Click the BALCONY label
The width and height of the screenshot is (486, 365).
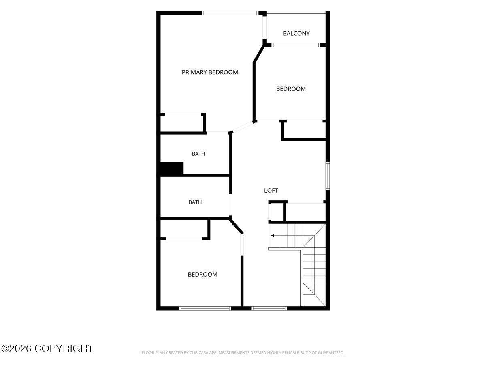[x=296, y=34]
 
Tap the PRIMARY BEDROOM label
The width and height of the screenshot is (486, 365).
[x=210, y=72]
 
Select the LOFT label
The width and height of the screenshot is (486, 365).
[x=271, y=190]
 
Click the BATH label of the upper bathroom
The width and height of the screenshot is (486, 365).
[x=198, y=154]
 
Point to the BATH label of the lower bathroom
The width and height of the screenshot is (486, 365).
[x=195, y=202]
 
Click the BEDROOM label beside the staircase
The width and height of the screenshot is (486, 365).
[x=202, y=275]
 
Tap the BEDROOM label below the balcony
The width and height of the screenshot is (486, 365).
[x=291, y=89]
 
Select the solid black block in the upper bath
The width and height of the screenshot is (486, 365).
[x=172, y=169]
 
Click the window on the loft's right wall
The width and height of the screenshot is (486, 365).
[x=328, y=176]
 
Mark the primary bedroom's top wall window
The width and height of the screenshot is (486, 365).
[x=230, y=13]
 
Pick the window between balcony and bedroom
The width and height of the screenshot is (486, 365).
[x=296, y=45]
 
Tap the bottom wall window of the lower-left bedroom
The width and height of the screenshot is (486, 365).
[x=205, y=308]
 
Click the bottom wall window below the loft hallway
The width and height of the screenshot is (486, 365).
[x=269, y=308]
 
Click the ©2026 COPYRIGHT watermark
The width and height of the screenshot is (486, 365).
[x=47, y=349]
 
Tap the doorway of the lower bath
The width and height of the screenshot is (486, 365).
[x=230, y=205]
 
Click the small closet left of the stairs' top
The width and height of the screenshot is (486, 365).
[x=276, y=212]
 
